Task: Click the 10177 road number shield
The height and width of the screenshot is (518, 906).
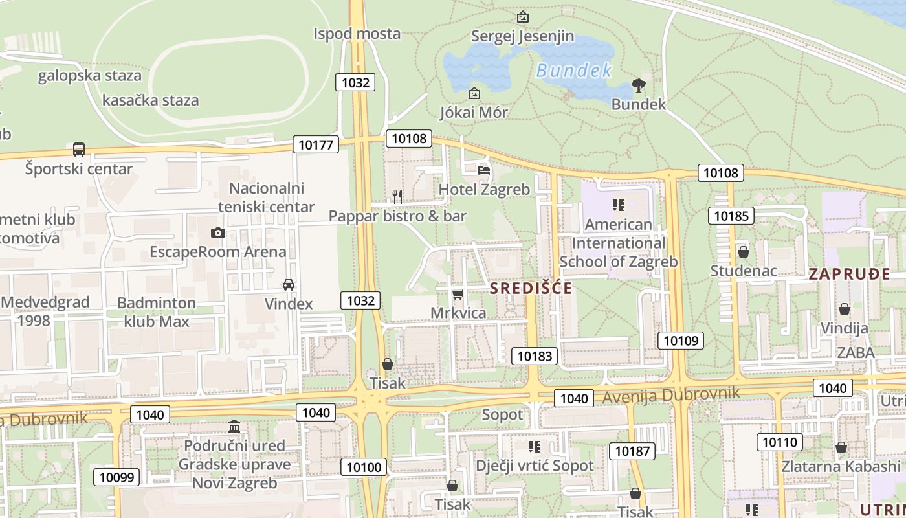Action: tap(316, 144)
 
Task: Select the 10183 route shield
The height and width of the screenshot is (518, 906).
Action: tap(535, 355)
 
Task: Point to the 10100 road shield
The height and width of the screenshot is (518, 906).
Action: tap(366, 467)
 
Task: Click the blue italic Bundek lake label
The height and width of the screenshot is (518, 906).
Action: tap(574, 71)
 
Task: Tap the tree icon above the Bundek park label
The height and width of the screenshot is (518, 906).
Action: tap(638, 85)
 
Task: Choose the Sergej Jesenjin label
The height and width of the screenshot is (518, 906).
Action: tap(522, 36)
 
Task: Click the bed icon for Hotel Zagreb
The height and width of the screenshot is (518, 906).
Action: tap(484, 171)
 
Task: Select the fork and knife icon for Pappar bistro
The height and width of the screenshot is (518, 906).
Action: tap(397, 196)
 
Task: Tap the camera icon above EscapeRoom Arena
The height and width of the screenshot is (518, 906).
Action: tap(218, 232)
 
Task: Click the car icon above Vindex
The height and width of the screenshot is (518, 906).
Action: tap(289, 285)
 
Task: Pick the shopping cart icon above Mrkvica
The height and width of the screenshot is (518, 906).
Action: tap(458, 295)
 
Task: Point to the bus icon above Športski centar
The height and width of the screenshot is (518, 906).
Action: tap(79, 150)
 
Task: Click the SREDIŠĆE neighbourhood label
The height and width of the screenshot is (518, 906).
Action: tap(531, 288)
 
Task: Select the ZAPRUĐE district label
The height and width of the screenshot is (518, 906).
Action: tap(849, 274)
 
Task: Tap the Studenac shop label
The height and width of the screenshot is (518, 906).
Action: tap(743, 270)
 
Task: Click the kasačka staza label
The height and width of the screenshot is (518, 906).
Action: tap(150, 100)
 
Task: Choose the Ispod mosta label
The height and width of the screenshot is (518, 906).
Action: tap(357, 34)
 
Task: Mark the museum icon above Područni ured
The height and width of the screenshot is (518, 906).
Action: tap(234, 427)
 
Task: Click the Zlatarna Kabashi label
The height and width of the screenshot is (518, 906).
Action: tap(841, 466)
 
